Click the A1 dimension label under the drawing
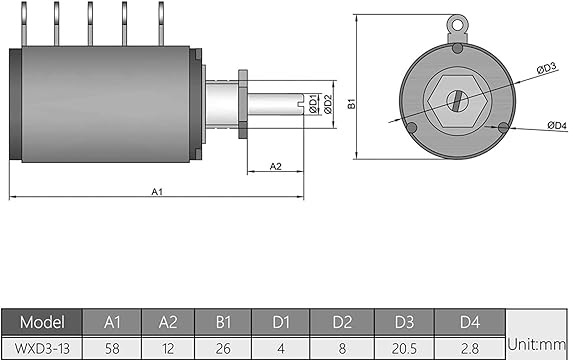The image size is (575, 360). (x=157, y=191)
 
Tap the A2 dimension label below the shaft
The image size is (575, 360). (x=275, y=166)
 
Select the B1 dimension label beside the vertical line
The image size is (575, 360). (x=352, y=103)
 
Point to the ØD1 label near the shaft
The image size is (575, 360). (x=314, y=104)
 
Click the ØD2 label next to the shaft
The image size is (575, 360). (x=328, y=104)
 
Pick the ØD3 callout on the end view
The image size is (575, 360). (x=546, y=68)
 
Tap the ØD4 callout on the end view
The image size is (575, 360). (x=557, y=125)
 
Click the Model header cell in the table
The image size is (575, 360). (x=42, y=322)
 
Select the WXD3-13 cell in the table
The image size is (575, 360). (x=42, y=348)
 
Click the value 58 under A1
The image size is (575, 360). (x=112, y=348)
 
